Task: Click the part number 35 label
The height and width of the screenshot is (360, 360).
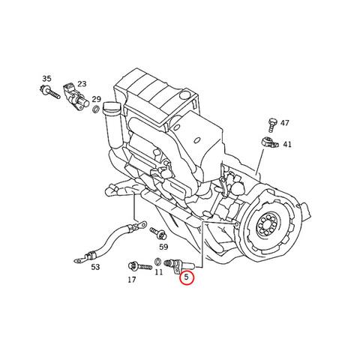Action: [x=46, y=79]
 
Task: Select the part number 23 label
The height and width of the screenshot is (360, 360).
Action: [x=82, y=84]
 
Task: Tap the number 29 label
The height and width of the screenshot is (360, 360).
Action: [x=96, y=99]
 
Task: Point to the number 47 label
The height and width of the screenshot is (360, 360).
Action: [x=284, y=123]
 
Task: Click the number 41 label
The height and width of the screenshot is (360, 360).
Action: [x=287, y=144]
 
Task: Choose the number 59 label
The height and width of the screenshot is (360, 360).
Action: [x=163, y=247]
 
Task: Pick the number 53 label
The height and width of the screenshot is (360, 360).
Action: [x=95, y=267]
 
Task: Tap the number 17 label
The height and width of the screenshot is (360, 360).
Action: [x=132, y=280]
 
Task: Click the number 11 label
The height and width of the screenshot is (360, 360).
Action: [x=158, y=271]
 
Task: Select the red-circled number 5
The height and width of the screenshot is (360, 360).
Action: [x=187, y=277]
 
